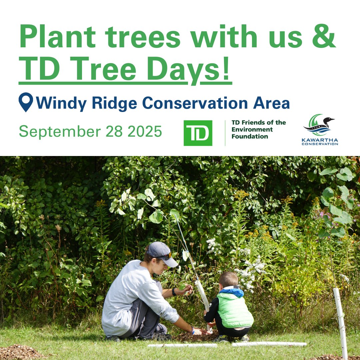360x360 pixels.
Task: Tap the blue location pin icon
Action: pos(26,102)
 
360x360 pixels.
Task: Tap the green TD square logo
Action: pos(198,133)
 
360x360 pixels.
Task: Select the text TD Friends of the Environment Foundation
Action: pos(259,129)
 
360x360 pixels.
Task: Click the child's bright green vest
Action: pos(235,310)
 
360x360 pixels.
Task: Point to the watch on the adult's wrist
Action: pos(174,292)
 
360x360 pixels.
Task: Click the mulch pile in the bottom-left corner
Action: pos(18,353)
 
